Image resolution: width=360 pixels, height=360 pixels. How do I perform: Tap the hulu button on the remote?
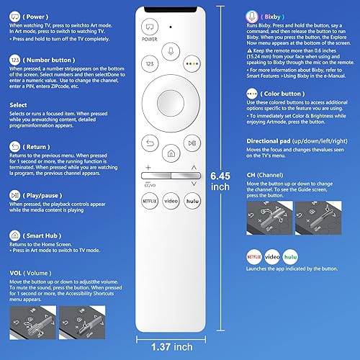[192, 201]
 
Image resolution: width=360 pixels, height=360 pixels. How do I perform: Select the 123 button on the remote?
[149, 64]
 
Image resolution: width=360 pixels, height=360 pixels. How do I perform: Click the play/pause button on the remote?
[191, 142]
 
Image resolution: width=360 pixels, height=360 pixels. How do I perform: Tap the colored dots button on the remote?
[192, 64]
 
